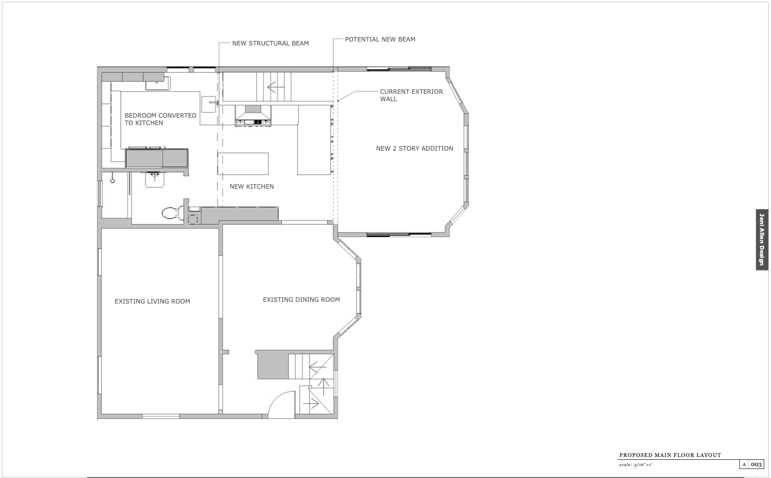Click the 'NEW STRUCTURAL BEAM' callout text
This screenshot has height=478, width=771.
pyautogui.click(x=270, y=43)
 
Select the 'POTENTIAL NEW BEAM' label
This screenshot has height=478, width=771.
pyautogui.click(x=380, y=39)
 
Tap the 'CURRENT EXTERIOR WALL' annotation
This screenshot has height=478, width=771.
pyautogui.click(x=411, y=95)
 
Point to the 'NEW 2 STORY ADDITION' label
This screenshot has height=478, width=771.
pyautogui.click(x=414, y=148)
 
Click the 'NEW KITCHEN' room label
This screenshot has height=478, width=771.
pyautogui.click(x=252, y=186)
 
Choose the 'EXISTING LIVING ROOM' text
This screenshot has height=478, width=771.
pyautogui.click(x=152, y=301)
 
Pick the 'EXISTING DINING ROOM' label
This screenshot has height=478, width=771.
pyautogui.click(x=301, y=300)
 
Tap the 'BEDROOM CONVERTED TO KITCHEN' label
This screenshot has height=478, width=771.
pyautogui.click(x=160, y=119)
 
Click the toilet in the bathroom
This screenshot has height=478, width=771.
pyautogui.click(x=173, y=213)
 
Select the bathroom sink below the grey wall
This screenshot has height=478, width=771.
pyautogui.click(x=155, y=180)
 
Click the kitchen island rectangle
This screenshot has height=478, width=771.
pyautogui.click(x=243, y=164)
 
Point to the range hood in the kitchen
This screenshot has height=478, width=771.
pyautogui.click(x=253, y=115)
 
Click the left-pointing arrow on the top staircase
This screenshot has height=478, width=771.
pyautogui.click(x=276, y=87)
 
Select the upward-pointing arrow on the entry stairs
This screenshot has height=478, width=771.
pyautogui.click(x=323, y=386)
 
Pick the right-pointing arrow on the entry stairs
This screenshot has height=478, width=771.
pyautogui.click(x=311, y=404)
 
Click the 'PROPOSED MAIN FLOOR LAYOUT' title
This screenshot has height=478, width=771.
pyautogui.click(x=670, y=455)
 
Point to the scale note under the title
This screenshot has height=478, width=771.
pyautogui.click(x=635, y=464)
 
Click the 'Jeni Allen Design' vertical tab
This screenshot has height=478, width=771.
pyautogui.click(x=762, y=239)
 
